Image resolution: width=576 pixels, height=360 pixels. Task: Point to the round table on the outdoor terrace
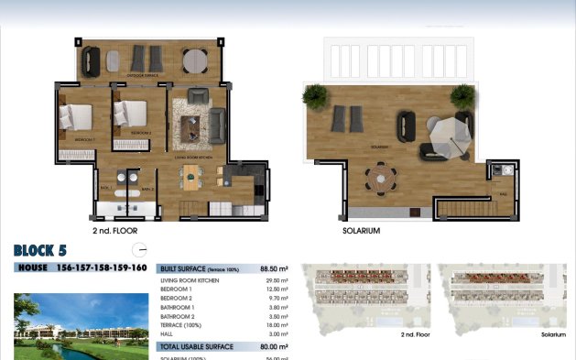point(195,60)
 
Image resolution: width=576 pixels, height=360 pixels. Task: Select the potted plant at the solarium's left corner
point(315,93)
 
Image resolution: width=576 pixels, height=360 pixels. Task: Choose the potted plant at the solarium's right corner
point(463,93)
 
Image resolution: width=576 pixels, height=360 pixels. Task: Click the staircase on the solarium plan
point(463,209)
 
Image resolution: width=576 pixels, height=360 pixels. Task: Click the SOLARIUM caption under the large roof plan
point(361,231)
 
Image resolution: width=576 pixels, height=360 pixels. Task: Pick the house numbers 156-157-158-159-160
point(102,267)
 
